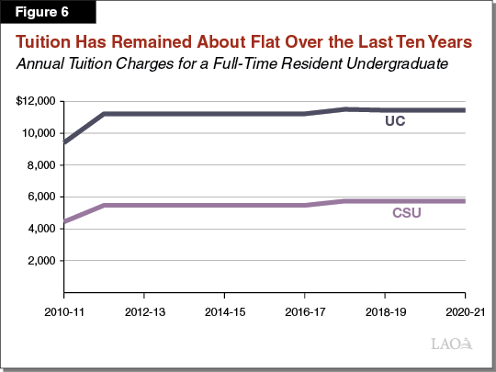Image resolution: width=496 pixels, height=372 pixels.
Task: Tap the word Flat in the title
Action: point(279,43)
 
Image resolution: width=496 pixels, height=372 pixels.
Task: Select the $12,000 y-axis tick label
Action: point(37,100)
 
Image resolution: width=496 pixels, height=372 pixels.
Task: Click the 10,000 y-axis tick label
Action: point(39,132)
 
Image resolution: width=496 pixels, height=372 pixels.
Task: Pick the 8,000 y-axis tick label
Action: point(42,164)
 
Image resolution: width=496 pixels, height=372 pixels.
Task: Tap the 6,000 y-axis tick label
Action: point(42,197)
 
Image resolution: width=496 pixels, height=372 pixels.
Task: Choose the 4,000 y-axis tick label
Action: point(42,229)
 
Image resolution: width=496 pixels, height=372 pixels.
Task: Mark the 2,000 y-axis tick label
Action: point(42,261)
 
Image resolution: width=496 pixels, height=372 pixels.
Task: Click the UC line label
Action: point(395,121)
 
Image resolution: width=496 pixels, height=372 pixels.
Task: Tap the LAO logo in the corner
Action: point(452,344)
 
